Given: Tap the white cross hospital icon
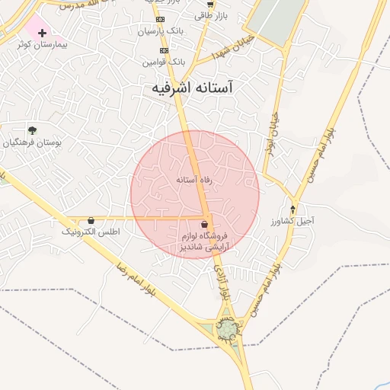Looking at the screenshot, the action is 42,33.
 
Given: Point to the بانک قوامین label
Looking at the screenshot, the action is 163,60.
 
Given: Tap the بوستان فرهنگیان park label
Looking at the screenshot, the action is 31,142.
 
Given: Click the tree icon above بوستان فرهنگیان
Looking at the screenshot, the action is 31,130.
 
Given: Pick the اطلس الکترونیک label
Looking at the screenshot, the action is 91,231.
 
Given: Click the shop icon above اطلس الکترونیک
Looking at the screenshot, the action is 91,220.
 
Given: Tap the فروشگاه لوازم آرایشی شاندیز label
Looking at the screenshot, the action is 203,242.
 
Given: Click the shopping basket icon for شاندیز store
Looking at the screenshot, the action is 204,225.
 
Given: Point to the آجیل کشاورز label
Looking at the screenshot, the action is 292,220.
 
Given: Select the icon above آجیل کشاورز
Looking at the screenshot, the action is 293,209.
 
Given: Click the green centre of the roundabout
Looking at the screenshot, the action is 228,329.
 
